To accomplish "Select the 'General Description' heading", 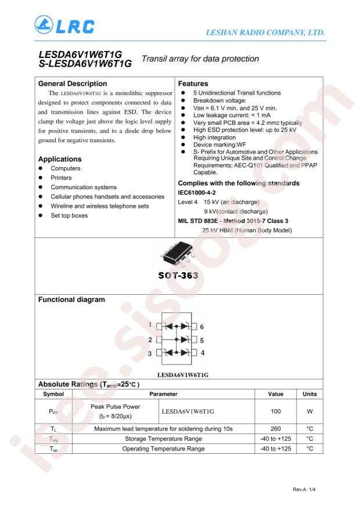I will tap(74, 83).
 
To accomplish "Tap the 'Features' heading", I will tap(193, 83).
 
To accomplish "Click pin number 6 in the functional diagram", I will tap(202, 326).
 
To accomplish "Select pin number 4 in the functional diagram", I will tap(202, 352).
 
